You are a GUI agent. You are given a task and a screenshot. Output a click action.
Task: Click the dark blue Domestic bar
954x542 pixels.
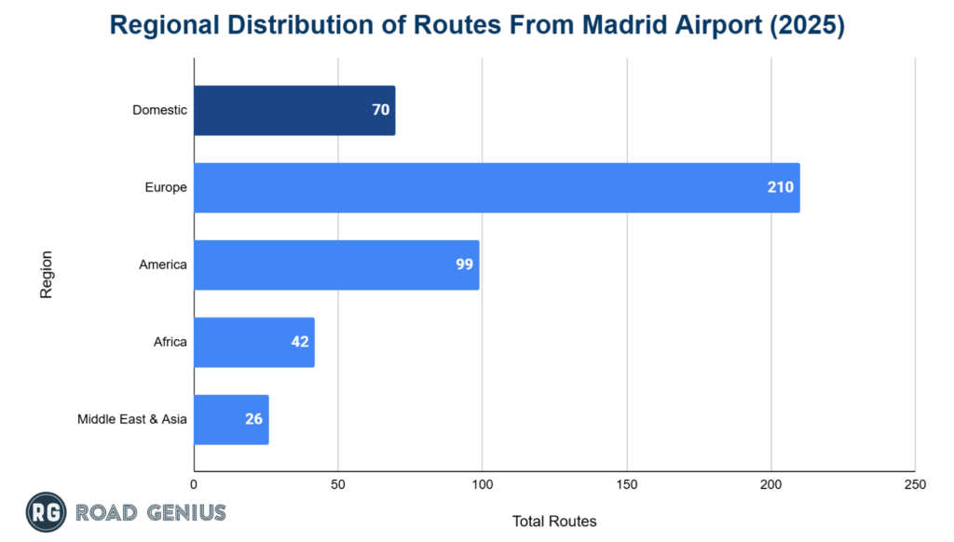pyautogui.click(x=294, y=110)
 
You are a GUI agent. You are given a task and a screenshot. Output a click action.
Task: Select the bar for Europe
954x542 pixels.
pyautogui.click(x=497, y=187)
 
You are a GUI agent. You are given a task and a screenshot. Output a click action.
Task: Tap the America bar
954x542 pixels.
pyautogui.click(x=336, y=264)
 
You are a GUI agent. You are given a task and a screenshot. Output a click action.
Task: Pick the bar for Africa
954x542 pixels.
pyautogui.click(x=254, y=342)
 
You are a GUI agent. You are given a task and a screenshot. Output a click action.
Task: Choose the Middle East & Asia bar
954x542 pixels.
pyautogui.click(x=231, y=419)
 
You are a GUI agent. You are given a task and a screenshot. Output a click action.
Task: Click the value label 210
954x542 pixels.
pyautogui.click(x=780, y=187)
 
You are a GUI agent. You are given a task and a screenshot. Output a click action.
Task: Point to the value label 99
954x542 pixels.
pyautogui.click(x=464, y=264)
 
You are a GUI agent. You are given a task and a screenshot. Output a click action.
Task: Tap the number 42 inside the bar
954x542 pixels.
pyautogui.click(x=300, y=342)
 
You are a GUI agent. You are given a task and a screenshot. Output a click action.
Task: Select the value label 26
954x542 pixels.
pyautogui.click(x=253, y=419)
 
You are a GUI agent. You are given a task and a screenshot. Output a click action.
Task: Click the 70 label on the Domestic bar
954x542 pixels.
pyautogui.click(x=380, y=110)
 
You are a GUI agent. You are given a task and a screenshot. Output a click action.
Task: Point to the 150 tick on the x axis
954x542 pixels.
pyautogui.click(x=627, y=485)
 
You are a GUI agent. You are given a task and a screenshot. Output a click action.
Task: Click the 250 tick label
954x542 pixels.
pyautogui.click(x=915, y=485)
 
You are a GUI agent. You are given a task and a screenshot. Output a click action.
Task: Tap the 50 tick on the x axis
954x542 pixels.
pyautogui.click(x=338, y=485)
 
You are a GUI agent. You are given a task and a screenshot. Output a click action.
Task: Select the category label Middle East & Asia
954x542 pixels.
pyautogui.click(x=132, y=419)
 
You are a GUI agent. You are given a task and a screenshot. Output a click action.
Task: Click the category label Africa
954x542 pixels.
pyautogui.click(x=170, y=342)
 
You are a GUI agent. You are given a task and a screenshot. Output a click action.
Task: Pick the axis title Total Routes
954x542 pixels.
pyautogui.click(x=554, y=521)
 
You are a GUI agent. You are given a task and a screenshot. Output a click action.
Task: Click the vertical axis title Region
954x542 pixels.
pyautogui.click(x=46, y=274)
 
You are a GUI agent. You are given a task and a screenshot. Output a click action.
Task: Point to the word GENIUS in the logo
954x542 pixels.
pyautogui.click(x=185, y=512)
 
